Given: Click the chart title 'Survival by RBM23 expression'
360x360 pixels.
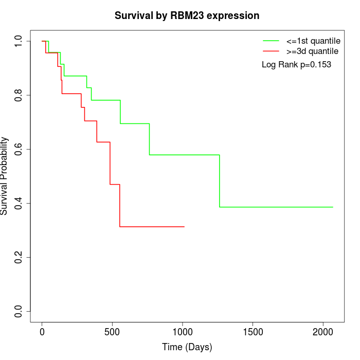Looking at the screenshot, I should click(187, 16).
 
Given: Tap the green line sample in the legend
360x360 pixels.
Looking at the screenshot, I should click(271, 41).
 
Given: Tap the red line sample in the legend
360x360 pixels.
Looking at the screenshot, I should click(271, 51).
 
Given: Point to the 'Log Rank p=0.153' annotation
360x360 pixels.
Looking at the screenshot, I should click(296, 65).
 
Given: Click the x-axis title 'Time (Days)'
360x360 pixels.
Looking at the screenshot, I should click(187, 347).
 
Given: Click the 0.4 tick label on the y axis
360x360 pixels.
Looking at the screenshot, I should click(19, 203).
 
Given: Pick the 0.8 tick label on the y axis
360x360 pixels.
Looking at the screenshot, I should click(19, 95).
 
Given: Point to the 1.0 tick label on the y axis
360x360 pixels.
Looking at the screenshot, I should click(19, 41).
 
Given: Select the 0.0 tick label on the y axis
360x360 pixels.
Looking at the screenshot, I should click(19, 311).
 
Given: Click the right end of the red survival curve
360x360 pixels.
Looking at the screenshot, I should click(184, 227).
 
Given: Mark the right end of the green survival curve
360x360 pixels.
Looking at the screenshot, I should click(333, 207).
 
